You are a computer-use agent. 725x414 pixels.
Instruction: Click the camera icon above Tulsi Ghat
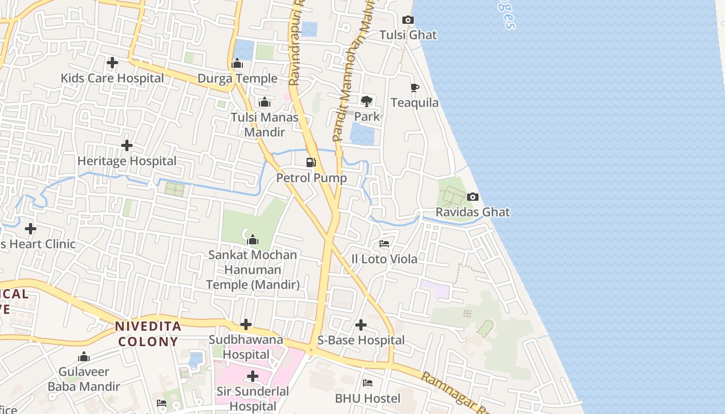pos(408,20)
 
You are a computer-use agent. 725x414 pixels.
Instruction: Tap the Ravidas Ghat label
pos(472,212)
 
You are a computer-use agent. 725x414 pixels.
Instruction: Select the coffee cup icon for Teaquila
pos(414,87)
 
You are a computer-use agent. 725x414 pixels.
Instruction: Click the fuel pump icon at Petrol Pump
pos(311,162)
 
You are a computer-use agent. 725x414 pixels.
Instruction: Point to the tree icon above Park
pos(367,101)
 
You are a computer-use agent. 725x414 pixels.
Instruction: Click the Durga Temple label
pos(238,79)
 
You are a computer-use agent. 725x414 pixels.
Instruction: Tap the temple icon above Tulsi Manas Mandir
pos(265,102)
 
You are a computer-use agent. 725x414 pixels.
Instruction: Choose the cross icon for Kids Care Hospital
pos(112,63)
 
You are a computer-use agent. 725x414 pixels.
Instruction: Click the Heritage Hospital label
pos(127,161)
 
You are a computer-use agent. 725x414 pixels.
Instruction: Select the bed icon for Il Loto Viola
pos(384,243)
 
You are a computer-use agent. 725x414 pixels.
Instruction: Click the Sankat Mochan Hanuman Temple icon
pos(253,240)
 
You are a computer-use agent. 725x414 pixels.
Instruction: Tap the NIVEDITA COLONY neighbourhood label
pos(148,334)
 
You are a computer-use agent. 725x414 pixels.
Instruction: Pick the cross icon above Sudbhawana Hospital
pos(246,325)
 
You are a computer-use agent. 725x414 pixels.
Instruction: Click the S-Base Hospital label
pos(361,341)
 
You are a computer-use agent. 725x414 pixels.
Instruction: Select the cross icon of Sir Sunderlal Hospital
pos(253,376)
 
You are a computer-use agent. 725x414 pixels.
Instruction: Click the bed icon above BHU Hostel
pos(368,383)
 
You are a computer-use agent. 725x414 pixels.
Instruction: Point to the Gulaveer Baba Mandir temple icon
pos(84,357)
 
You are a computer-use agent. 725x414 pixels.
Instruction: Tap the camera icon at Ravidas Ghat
pos(472,197)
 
